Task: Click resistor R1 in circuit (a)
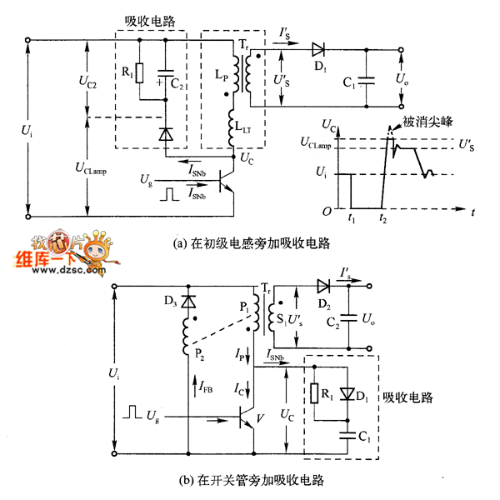[x=139, y=74]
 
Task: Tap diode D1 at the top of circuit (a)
[x=317, y=48]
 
